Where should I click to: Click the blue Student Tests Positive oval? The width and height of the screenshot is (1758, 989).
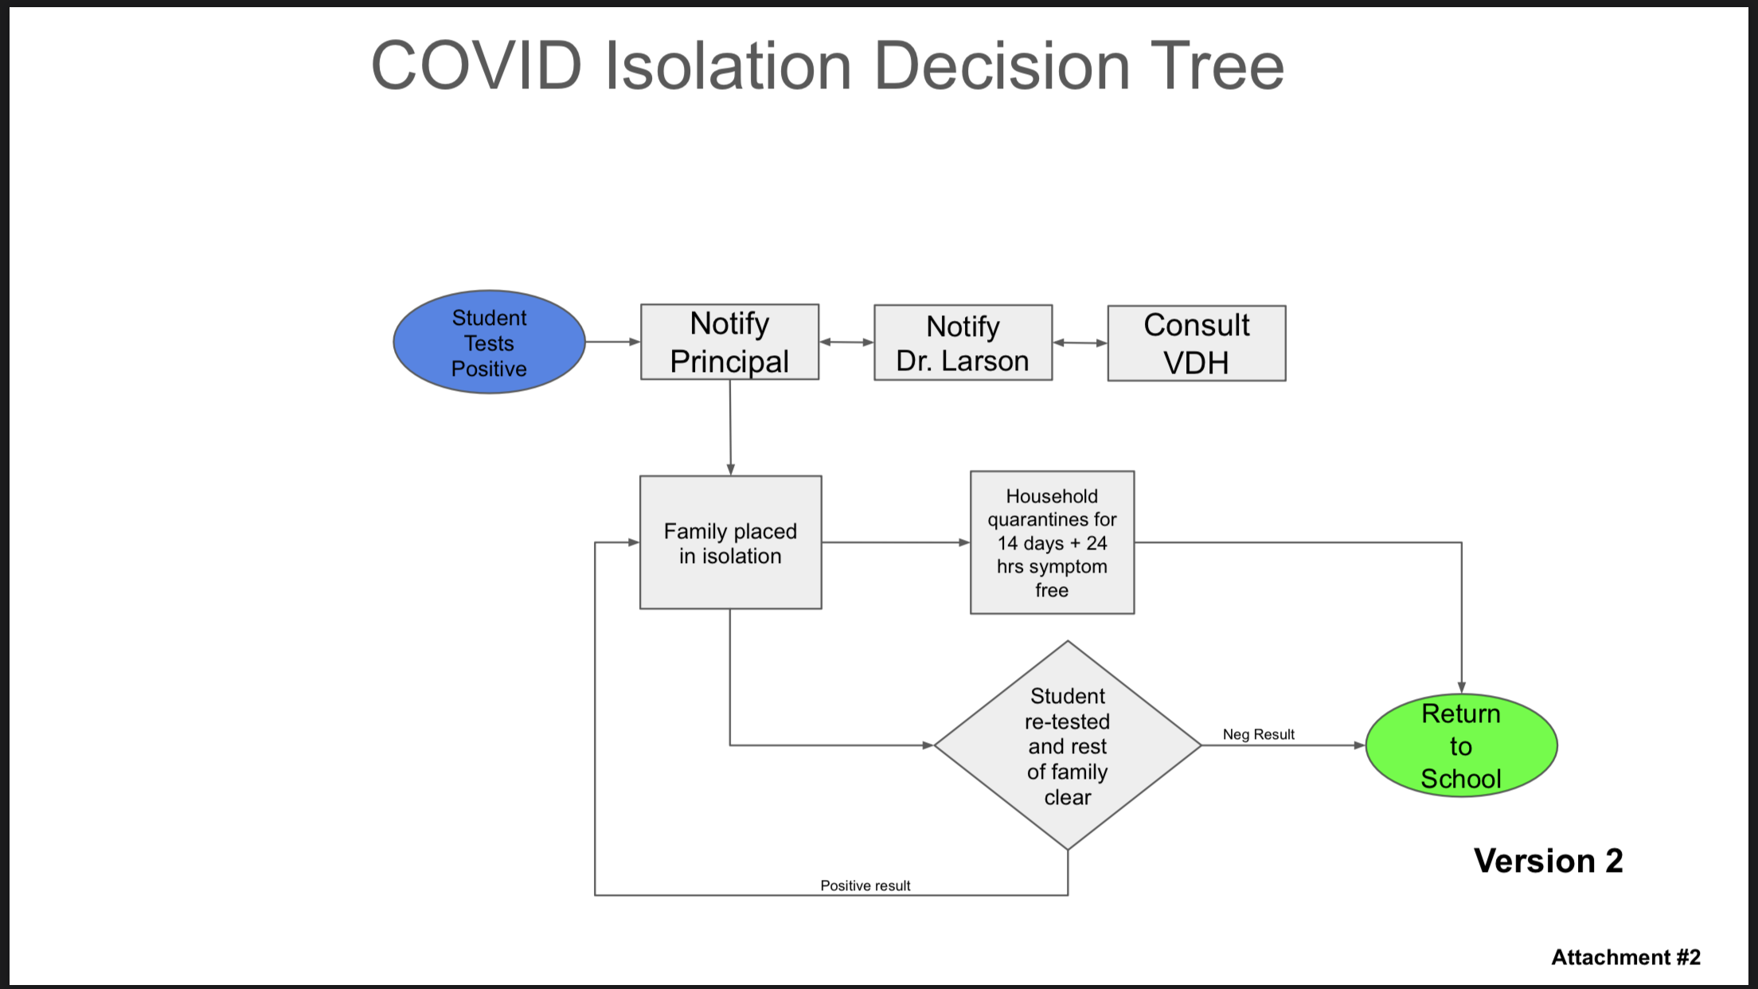coord(489,342)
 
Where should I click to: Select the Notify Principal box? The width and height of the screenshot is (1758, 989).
coord(729,342)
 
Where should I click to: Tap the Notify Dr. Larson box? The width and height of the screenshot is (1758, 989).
coord(963,342)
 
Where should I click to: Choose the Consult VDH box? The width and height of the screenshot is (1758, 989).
coord(1196,343)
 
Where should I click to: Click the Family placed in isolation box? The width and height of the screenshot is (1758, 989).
coord(730,542)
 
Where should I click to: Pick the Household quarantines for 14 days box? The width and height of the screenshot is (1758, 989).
coord(1052,542)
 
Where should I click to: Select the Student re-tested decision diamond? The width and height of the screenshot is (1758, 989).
coord(1068,745)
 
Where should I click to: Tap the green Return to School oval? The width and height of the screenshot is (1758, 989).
coord(1461,745)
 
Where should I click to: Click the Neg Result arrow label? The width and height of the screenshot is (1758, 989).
coord(1259,734)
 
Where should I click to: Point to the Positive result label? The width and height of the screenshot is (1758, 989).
coord(865,885)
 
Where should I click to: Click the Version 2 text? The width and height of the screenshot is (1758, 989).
coord(1548,861)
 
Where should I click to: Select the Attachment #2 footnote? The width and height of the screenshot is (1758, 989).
coord(1626,956)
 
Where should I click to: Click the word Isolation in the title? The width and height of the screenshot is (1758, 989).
coord(729,65)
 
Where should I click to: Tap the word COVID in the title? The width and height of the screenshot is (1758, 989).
coord(476,65)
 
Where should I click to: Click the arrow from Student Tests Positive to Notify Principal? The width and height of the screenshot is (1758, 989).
coord(613,342)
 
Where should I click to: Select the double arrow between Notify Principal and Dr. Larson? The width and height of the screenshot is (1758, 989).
coord(846,342)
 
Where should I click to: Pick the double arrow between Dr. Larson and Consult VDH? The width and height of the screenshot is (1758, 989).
coord(1080,343)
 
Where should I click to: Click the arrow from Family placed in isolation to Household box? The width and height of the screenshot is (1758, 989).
coord(896,542)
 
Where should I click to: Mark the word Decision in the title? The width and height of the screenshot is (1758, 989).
coord(1002,65)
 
